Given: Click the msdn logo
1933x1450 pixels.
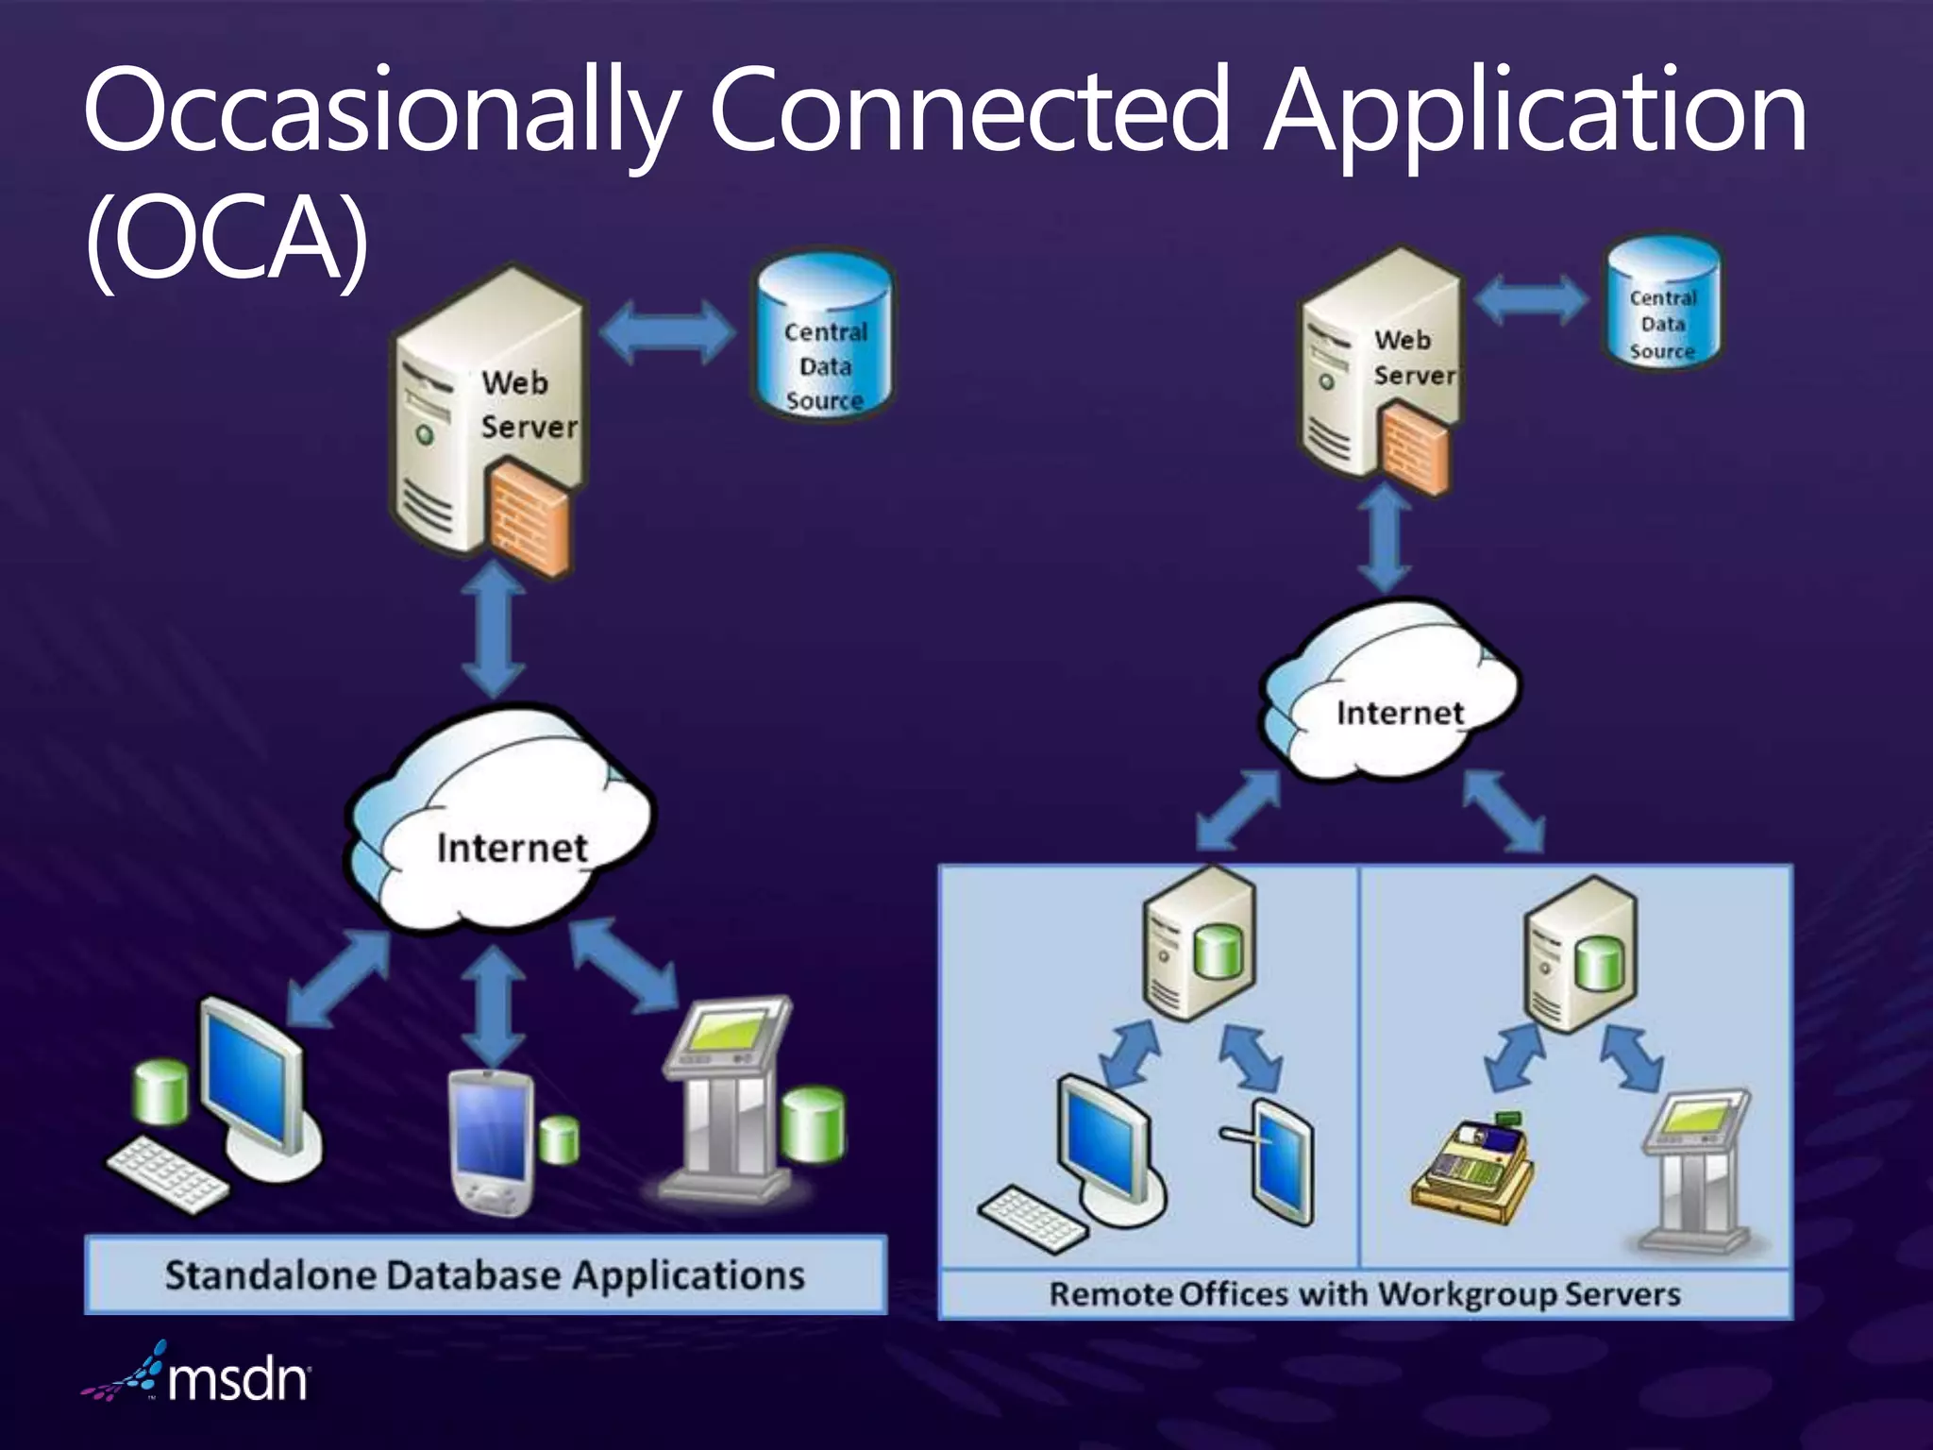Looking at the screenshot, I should point(198,1378).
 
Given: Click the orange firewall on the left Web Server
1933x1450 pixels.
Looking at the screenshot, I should point(529,518).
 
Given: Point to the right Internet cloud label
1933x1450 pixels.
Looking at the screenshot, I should point(1400,714).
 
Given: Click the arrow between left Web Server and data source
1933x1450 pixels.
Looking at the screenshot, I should point(667,332).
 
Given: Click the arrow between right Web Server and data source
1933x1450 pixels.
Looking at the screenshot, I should point(1531,300).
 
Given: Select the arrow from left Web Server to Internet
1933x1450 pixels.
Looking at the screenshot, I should point(494,630).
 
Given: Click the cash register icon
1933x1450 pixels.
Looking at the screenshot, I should point(1472,1171).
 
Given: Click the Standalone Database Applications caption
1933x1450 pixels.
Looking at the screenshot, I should point(485,1275).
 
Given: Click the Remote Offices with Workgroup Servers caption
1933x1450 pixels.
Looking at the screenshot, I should point(1365,1294).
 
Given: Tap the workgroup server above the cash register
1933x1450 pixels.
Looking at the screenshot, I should point(1581,953).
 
